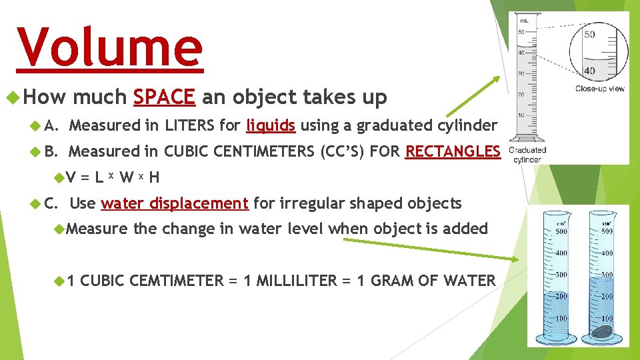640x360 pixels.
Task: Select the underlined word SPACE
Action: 164,97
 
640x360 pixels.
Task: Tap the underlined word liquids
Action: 271,125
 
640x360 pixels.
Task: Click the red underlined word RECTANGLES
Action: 452,151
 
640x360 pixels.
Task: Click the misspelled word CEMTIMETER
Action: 177,281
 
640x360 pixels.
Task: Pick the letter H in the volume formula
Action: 154,177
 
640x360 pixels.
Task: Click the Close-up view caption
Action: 600,88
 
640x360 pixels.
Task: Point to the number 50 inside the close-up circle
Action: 589,35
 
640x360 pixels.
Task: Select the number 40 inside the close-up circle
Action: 589,71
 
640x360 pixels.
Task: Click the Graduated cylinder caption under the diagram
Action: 527,154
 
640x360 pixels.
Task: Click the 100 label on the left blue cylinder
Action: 561,318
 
